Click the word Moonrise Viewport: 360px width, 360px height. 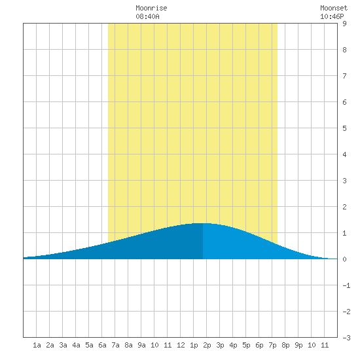pos(151,8)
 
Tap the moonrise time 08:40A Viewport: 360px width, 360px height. pos(147,16)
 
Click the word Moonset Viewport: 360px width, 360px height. pos(334,8)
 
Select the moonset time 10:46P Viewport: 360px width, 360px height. pos(332,16)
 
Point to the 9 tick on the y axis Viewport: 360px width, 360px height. pos(344,24)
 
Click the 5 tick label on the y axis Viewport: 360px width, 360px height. pos(344,128)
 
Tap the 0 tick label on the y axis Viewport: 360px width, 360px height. pos(344,259)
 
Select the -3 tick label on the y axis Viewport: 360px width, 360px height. pos(346,338)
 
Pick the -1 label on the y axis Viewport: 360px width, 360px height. pos(346,285)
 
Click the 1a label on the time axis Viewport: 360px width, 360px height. pos(37,345)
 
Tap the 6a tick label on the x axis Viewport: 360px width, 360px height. pos(102,345)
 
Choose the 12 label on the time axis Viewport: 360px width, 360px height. pos(181,345)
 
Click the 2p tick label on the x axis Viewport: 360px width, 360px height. pos(207,345)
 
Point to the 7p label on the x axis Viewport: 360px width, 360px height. pos(272,345)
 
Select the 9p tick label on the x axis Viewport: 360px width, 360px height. pos(298,345)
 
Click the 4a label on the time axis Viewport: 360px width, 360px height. pos(76,345)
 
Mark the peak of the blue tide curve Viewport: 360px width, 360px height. pos(202,223)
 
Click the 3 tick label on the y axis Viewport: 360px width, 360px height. pos(344,181)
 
